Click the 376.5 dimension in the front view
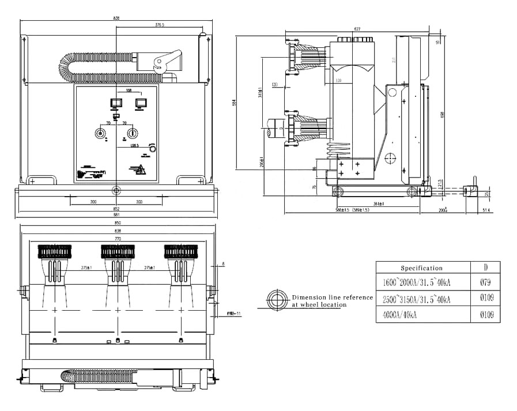pos(160,25)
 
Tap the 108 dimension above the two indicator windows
pos(129,91)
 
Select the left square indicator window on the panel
pos(116,103)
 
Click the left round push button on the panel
pos(101,133)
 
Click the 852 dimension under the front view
pos(116,208)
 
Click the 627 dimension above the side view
pos(357,29)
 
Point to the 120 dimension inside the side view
pos(338,81)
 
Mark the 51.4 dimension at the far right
pos(485,211)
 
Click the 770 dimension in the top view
pos(118,238)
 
